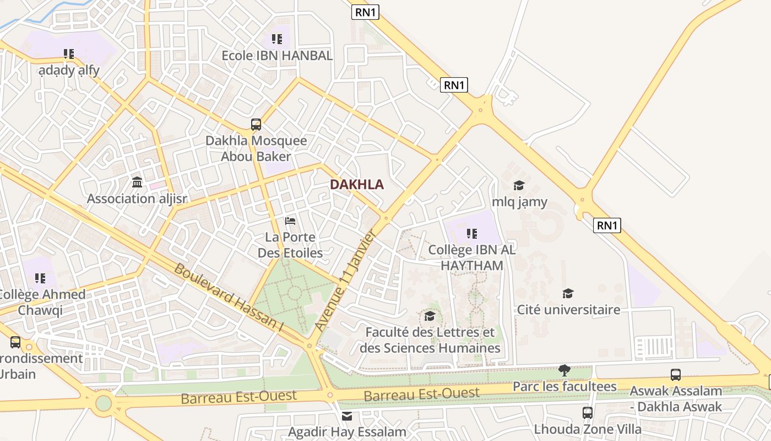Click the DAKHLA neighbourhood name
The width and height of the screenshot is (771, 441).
pyautogui.click(x=357, y=185)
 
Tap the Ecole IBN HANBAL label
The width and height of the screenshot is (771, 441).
pyautogui.click(x=277, y=56)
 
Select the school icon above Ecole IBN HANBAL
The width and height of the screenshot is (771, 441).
pyautogui.click(x=277, y=39)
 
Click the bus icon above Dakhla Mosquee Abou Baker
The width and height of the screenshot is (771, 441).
pyautogui.click(x=256, y=125)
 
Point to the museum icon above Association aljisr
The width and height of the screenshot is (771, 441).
pyautogui.click(x=137, y=182)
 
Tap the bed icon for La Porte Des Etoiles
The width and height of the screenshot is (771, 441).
pyautogui.click(x=290, y=221)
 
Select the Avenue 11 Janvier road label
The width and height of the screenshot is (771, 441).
pyautogui.click(x=345, y=281)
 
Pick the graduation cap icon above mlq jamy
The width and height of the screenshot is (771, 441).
pyautogui.click(x=519, y=185)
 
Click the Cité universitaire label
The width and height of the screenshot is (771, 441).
pyautogui.click(x=568, y=310)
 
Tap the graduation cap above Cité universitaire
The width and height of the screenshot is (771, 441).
pyautogui.click(x=568, y=293)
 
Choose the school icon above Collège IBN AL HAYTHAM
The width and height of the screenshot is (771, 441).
pyautogui.click(x=472, y=234)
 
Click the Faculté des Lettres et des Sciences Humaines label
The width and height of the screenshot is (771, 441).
pyautogui.click(x=430, y=340)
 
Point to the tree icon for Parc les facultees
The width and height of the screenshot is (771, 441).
pyautogui.click(x=564, y=370)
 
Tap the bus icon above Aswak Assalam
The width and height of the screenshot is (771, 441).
pyautogui.click(x=676, y=375)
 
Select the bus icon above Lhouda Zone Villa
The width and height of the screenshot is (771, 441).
pyautogui.click(x=588, y=412)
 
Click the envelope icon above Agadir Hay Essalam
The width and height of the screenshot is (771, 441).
pyautogui.click(x=347, y=416)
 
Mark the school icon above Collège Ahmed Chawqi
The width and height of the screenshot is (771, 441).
pyautogui.click(x=40, y=278)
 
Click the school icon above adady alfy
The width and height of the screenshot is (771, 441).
pyautogui.click(x=69, y=54)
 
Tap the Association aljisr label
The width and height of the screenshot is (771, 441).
pyautogui.click(x=137, y=199)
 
